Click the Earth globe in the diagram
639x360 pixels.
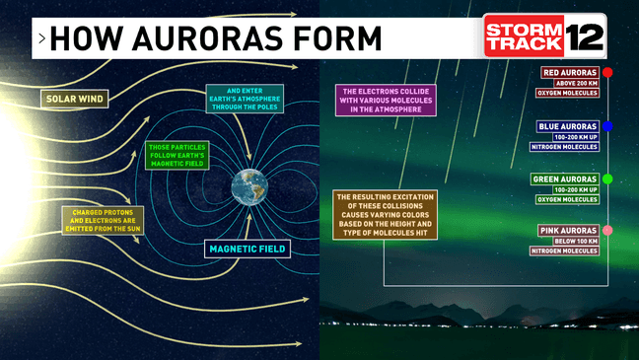(250, 186)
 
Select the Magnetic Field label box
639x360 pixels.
(248, 250)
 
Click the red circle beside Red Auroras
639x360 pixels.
(607, 73)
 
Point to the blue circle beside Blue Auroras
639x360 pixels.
(607, 126)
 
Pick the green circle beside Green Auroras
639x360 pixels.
(607, 179)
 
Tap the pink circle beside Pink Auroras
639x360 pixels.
(607, 231)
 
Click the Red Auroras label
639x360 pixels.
(571, 73)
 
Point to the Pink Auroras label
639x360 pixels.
(569, 231)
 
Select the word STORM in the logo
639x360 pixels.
(522, 29)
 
